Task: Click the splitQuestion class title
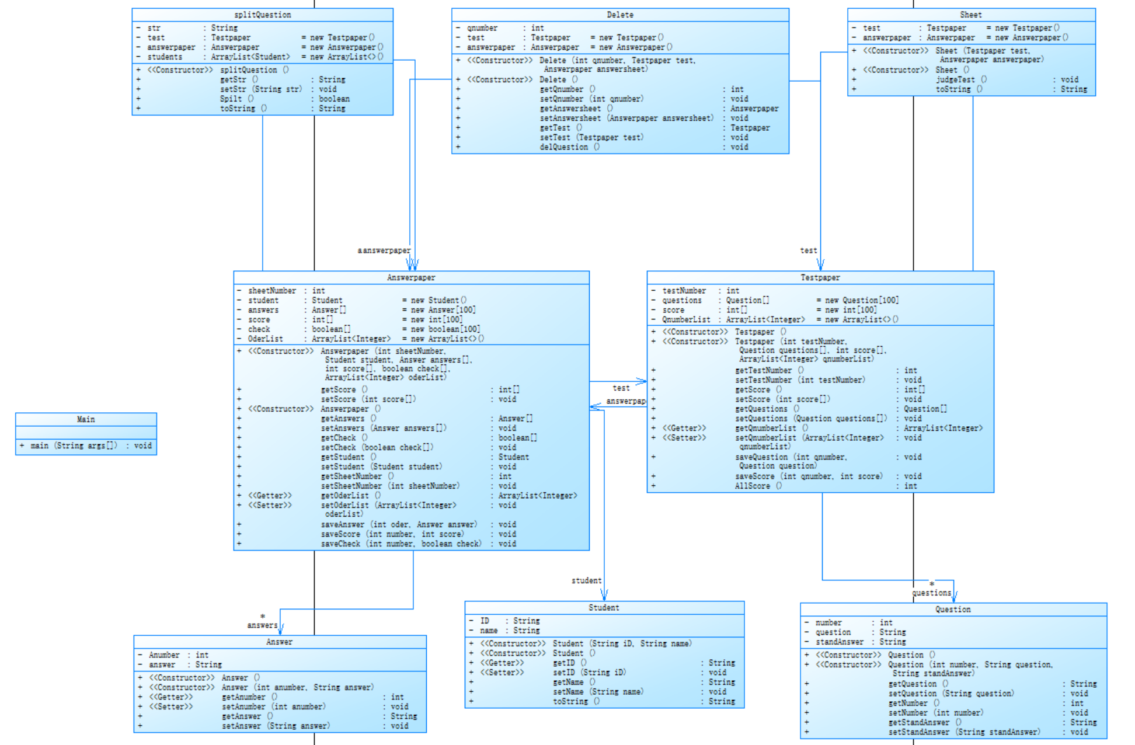262,15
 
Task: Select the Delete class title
619,15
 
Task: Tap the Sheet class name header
970,15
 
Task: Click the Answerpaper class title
411,277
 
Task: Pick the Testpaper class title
820,277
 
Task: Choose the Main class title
86,419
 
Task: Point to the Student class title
604,608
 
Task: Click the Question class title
953,610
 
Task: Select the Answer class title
279,642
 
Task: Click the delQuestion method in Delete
563,147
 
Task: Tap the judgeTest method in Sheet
955,79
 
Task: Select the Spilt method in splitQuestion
231,99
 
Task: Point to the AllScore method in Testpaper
752,486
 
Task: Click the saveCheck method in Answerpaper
340,544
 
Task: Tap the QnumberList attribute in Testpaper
686,319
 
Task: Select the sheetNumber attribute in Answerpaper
271,290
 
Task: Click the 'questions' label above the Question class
931,593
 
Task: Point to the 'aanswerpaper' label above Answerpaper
384,250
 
